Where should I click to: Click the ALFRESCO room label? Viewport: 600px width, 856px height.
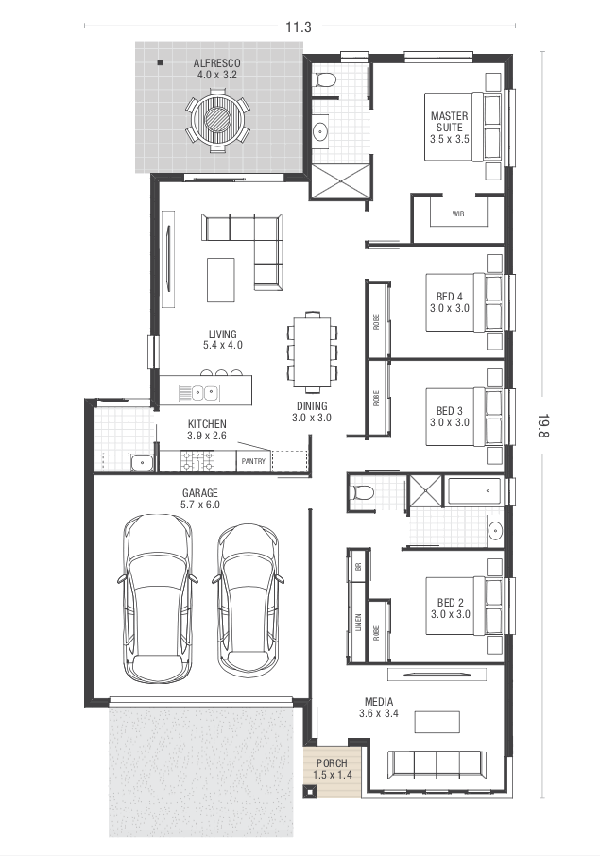(216, 63)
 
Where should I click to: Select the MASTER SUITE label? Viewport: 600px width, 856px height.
(450, 121)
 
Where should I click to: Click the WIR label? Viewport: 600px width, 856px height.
(458, 214)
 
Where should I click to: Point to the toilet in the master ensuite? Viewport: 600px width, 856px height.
(325, 79)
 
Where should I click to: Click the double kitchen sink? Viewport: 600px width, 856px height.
(198, 392)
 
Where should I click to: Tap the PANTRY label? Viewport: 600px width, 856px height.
(253, 461)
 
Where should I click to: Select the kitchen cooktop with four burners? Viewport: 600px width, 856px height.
(197, 461)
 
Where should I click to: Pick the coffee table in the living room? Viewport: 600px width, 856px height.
(220, 280)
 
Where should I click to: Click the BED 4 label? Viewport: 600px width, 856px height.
(450, 297)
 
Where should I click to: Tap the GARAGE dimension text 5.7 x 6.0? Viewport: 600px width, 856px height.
(200, 505)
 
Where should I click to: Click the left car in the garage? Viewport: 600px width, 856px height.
(157, 598)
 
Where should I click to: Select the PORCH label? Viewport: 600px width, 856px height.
(332, 763)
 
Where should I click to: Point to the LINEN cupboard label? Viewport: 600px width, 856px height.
(358, 623)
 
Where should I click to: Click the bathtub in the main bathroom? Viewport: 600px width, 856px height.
(474, 491)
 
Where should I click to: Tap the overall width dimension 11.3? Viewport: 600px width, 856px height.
(299, 26)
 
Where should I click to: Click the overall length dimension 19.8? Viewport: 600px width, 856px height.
(543, 425)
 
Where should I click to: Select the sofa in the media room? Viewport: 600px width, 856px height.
(436, 765)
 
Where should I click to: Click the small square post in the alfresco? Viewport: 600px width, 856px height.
(160, 62)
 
